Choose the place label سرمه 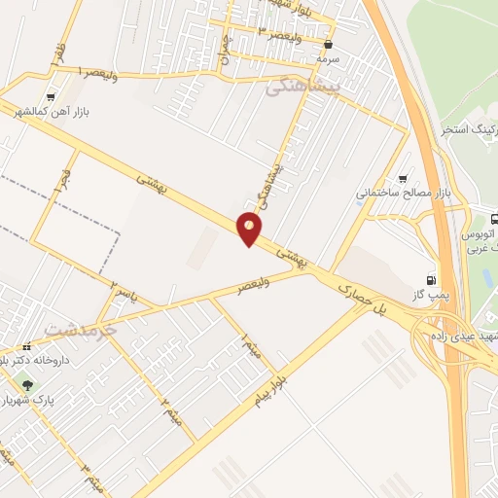click(327, 58)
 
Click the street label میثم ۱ click(248, 342)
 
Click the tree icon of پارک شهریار click(28, 387)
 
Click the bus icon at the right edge click(492, 220)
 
